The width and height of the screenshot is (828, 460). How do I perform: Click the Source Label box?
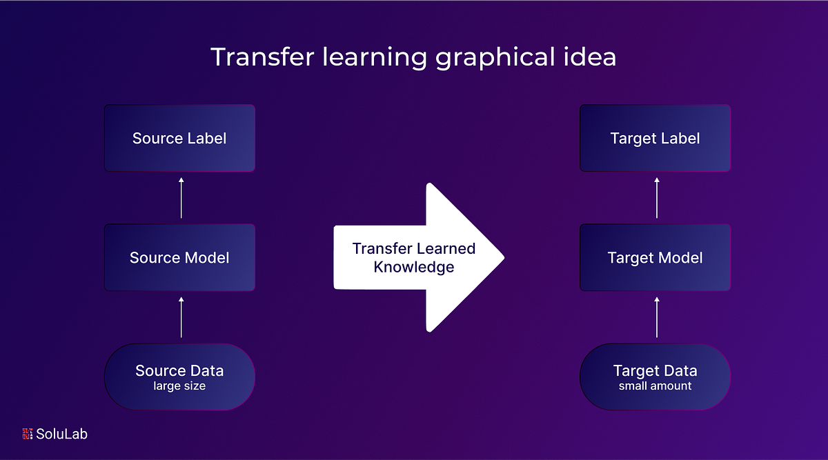[179, 138]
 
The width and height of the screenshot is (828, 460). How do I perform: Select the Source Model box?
[179, 258]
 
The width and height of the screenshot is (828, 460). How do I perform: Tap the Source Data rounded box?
[179, 377]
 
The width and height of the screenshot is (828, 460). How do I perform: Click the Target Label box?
[655, 138]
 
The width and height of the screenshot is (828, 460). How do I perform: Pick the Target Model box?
[655, 258]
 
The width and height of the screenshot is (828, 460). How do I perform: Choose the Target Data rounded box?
[655, 377]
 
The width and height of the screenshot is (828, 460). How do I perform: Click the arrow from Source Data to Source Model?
[181, 317]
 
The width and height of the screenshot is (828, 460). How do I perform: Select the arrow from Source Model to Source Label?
[181, 198]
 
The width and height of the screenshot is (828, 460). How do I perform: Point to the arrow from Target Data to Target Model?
[657, 317]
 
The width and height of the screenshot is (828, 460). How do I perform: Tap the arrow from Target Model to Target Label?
[657, 198]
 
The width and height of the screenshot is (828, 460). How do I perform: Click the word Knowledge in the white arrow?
[414, 267]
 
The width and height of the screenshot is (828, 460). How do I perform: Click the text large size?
[179, 386]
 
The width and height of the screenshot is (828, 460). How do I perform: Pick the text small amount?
[655, 386]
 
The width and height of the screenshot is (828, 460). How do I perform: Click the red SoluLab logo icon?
[28, 434]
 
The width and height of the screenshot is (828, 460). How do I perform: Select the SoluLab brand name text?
[62, 434]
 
